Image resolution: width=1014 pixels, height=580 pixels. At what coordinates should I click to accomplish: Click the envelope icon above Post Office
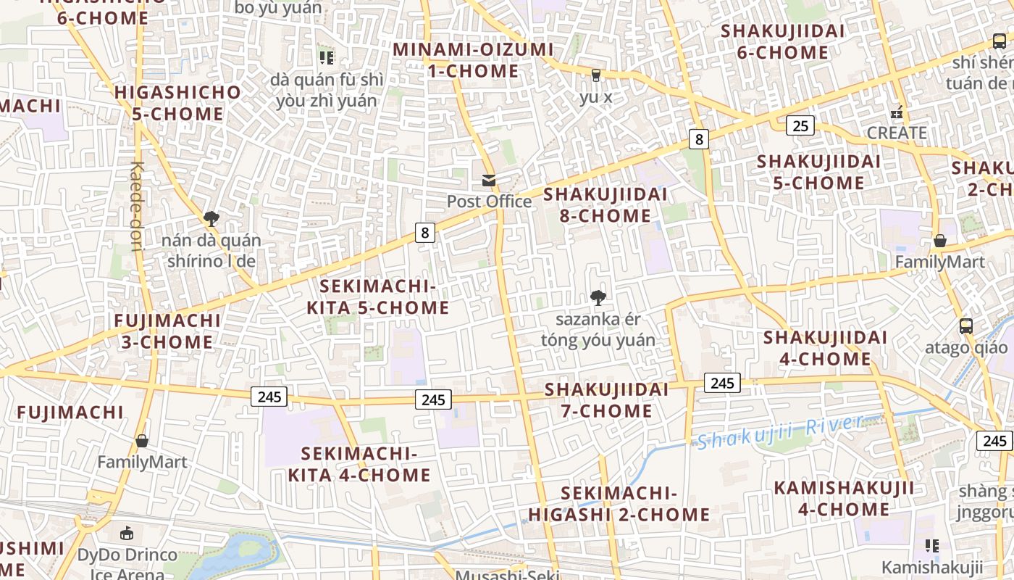click(489, 181)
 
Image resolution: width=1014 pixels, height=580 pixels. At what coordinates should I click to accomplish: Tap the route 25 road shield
click(800, 126)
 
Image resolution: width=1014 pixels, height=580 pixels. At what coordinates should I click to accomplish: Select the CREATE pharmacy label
click(897, 133)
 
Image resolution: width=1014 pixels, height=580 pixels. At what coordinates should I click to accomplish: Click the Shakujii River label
click(780, 431)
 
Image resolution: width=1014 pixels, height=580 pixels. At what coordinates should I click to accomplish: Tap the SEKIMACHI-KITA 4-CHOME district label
click(359, 465)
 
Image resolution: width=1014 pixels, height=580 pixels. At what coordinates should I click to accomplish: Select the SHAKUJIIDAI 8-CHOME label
click(605, 205)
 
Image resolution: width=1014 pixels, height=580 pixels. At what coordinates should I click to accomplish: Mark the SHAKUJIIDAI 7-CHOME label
click(607, 400)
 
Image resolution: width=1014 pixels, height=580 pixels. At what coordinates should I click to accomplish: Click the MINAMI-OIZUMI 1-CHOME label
click(473, 60)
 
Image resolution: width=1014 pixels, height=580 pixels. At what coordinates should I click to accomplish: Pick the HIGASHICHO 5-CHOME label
click(178, 103)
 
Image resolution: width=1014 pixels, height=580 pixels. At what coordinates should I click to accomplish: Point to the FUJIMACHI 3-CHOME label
click(167, 331)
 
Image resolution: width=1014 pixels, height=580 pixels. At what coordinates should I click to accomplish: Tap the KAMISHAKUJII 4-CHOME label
click(844, 499)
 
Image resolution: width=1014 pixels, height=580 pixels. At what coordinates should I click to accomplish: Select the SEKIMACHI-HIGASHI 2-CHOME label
click(619, 504)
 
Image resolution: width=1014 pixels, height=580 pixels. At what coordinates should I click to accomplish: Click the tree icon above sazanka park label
click(598, 297)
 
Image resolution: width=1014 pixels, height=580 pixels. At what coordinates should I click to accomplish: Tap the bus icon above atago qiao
click(965, 326)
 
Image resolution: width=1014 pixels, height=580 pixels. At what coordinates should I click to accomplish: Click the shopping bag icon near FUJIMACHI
click(142, 441)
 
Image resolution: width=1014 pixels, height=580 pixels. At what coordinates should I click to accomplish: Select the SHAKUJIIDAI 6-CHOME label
click(783, 41)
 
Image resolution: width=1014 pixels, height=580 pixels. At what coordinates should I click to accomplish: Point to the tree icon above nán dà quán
click(211, 218)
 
